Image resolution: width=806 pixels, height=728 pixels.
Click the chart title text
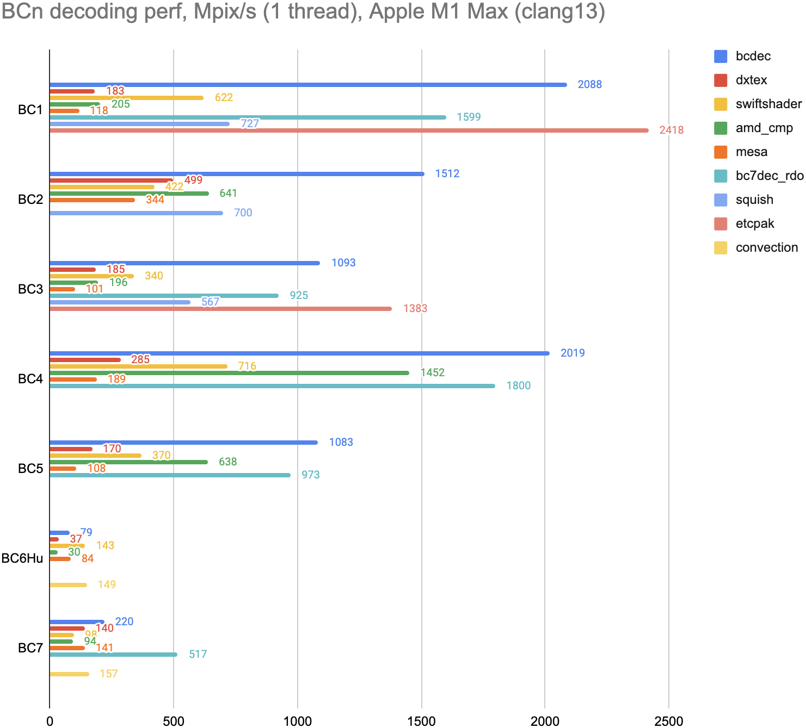(303, 12)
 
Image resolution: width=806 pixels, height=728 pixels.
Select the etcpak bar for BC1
(348, 130)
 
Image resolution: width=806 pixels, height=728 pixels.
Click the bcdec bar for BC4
(299, 353)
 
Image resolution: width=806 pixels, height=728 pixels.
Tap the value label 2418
(671, 130)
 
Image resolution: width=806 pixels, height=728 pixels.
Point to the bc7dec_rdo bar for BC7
(113, 655)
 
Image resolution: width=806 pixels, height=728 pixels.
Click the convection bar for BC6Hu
(68, 585)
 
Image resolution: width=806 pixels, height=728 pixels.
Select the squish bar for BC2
(136, 213)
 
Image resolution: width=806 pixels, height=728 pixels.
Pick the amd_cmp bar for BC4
(229, 373)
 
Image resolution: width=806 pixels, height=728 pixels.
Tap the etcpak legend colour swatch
(721, 223)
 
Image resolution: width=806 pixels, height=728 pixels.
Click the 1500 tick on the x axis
(422, 721)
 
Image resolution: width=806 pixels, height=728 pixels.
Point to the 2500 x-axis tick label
(669, 721)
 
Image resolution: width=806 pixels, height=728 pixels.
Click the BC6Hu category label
(22, 558)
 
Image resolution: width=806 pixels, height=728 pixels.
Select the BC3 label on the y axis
(30, 289)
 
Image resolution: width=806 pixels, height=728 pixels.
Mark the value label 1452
(432, 373)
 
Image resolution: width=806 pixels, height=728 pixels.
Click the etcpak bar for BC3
(220, 309)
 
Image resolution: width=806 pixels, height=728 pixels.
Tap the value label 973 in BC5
(310, 475)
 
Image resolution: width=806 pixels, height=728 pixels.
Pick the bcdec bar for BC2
(237, 174)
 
